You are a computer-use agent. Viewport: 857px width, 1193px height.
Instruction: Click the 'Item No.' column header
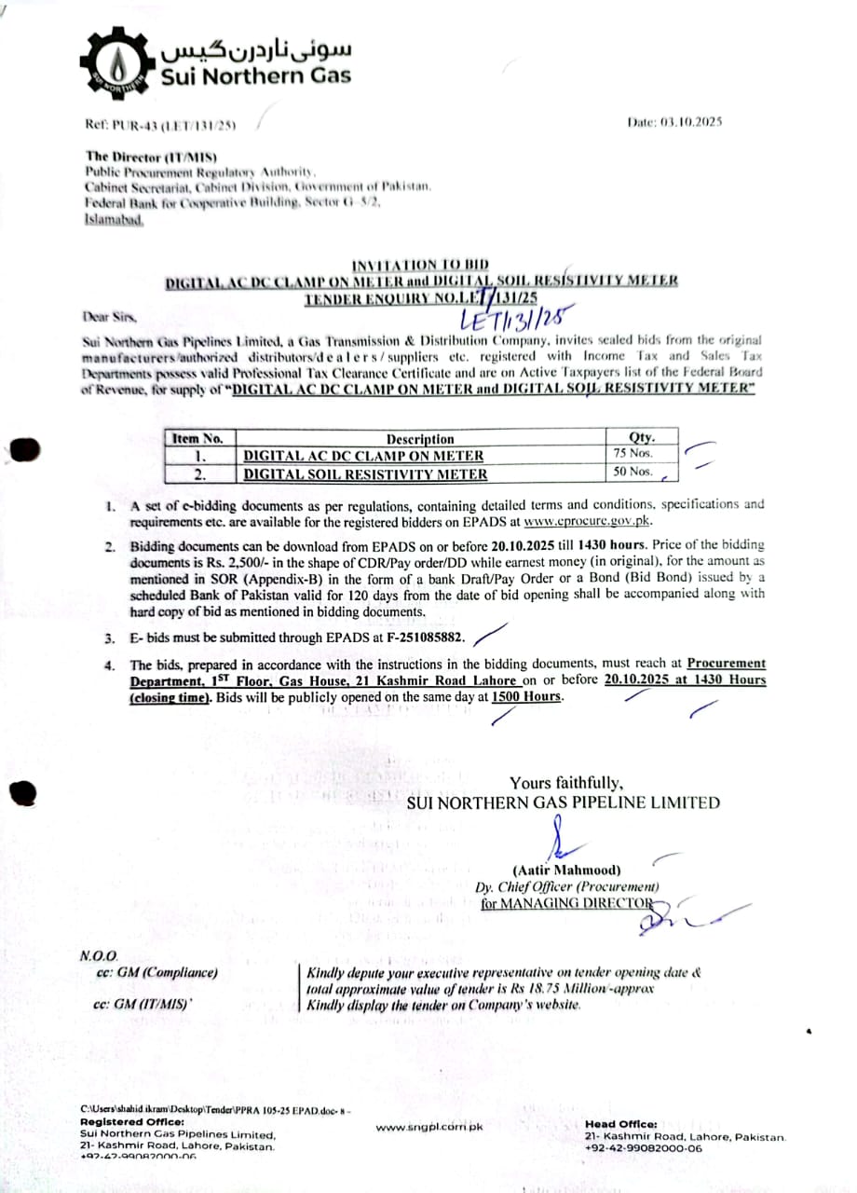[x=197, y=438]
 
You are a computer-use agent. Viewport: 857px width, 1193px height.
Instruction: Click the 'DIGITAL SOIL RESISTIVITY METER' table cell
[x=365, y=473]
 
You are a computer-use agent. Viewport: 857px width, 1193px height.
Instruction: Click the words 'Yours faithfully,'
[x=566, y=783]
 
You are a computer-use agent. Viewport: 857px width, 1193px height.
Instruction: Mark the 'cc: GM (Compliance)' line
[x=156, y=972]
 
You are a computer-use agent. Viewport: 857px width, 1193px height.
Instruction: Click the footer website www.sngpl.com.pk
[x=430, y=1128]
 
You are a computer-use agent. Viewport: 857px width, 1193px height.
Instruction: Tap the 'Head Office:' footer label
[x=620, y=1124]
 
